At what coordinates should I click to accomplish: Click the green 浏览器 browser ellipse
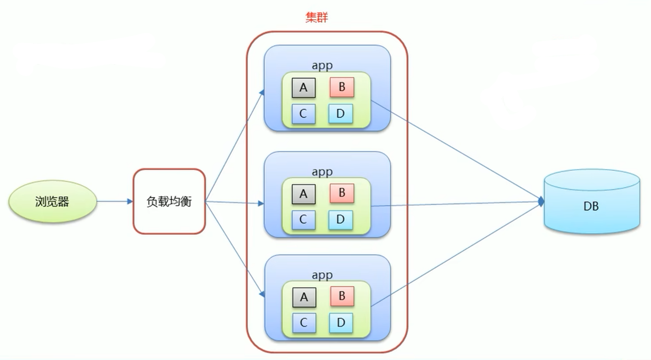click(x=52, y=202)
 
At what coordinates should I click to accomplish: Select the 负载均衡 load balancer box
click(x=169, y=202)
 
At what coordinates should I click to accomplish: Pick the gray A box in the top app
click(x=303, y=88)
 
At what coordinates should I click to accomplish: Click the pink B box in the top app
click(x=342, y=87)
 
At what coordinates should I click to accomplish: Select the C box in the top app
click(x=303, y=114)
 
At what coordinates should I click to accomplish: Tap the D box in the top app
click(x=341, y=114)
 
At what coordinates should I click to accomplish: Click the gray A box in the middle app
click(x=303, y=194)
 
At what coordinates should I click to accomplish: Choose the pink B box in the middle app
click(x=342, y=193)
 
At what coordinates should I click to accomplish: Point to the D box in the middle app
click(x=341, y=219)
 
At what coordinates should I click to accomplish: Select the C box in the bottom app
click(x=303, y=322)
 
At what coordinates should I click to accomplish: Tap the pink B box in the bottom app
click(x=342, y=296)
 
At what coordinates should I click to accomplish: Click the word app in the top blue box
click(x=322, y=66)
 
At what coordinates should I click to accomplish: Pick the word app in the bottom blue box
click(x=322, y=275)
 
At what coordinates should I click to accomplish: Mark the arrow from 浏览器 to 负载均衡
click(x=114, y=202)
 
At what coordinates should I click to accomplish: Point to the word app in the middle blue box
click(x=322, y=171)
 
